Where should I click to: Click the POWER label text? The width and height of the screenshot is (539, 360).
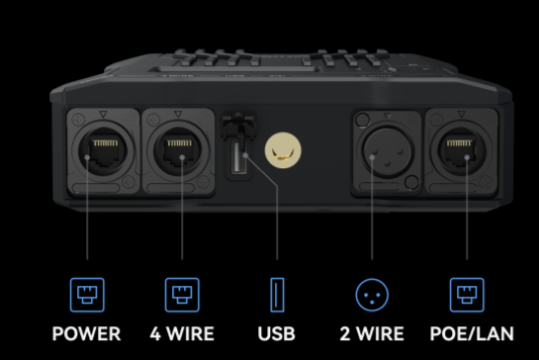click(x=86, y=333)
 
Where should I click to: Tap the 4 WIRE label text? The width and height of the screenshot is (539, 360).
click(x=182, y=333)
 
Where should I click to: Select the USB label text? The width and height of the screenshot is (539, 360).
click(x=276, y=333)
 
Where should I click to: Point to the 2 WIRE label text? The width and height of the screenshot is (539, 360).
click(x=372, y=333)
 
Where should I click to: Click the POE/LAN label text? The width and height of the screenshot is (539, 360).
click(x=472, y=333)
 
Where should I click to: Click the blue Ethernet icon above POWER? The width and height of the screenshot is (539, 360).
click(x=87, y=295)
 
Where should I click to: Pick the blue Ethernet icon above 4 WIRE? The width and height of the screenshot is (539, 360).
click(x=182, y=295)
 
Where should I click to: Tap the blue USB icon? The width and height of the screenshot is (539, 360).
click(x=277, y=295)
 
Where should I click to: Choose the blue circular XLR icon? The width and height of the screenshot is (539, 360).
click(x=372, y=295)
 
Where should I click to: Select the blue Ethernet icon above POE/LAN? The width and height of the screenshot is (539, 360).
click(x=467, y=295)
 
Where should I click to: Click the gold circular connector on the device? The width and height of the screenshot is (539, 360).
click(x=283, y=150)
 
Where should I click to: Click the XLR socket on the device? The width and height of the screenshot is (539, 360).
click(x=387, y=151)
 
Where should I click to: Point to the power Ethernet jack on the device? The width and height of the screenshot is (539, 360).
click(x=103, y=150)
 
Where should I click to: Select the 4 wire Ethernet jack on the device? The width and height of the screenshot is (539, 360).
click(x=178, y=150)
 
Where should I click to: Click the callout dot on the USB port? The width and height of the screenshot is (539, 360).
click(x=245, y=155)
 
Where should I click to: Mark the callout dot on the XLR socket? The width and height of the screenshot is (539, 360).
click(x=372, y=157)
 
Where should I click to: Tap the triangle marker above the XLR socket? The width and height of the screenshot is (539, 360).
click(x=388, y=116)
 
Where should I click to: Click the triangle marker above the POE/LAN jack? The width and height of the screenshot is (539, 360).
click(x=461, y=114)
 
